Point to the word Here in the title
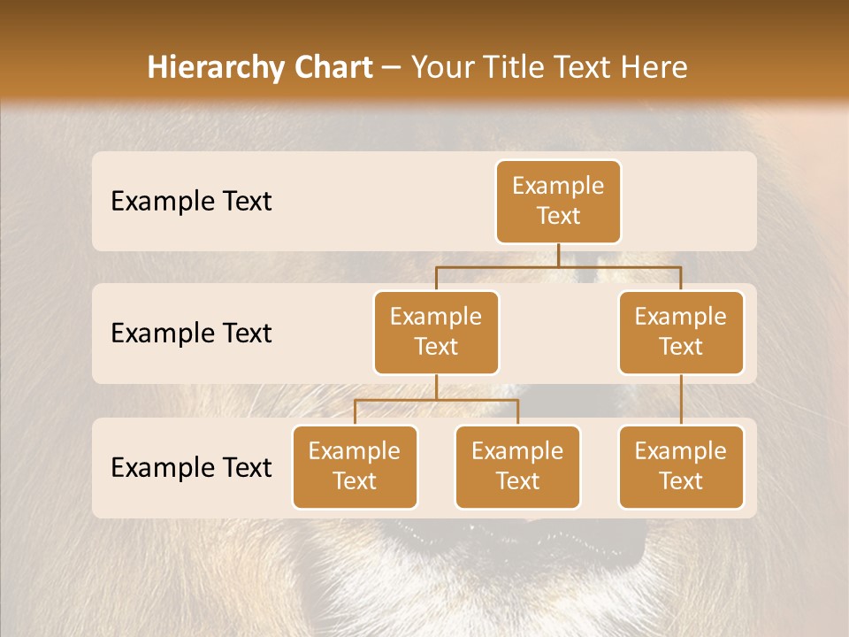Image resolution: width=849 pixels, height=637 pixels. click(x=654, y=67)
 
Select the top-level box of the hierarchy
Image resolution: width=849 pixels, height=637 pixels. click(x=558, y=202)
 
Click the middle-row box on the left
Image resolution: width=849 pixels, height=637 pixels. click(x=436, y=333)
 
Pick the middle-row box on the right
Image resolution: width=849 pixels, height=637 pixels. click(x=681, y=333)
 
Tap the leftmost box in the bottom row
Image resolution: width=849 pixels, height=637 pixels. click(x=355, y=467)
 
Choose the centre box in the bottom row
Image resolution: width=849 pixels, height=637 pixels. click(x=517, y=467)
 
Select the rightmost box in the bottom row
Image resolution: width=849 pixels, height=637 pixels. click(x=681, y=467)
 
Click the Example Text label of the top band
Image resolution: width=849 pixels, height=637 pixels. click(x=191, y=202)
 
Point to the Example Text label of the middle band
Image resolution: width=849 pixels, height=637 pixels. click(x=191, y=334)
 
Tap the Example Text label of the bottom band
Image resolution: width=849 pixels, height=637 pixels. click(x=191, y=467)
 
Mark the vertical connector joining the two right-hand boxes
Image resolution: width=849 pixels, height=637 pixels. click(x=681, y=400)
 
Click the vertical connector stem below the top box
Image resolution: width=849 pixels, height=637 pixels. click(x=558, y=255)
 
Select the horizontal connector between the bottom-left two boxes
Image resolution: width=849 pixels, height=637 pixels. click(x=436, y=400)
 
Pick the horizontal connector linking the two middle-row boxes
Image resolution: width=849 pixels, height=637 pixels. click(x=558, y=266)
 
